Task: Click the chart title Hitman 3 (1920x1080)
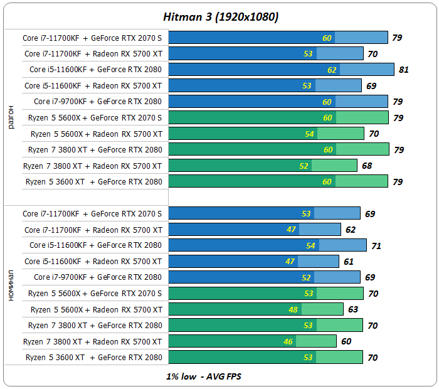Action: [219, 18]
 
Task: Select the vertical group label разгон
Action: [11, 117]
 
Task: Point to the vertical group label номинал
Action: [11, 285]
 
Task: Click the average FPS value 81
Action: [403, 70]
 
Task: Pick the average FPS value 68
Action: [366, 166]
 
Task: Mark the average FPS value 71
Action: [376, 246]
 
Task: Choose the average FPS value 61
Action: [348, 262]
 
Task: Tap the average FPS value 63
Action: [352, 310]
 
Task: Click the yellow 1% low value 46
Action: [288, 342]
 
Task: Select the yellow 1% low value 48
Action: [293, 310]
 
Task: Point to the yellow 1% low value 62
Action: [332, 70]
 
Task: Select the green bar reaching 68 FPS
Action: [263, 166]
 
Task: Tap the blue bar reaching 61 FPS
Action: [254, 262]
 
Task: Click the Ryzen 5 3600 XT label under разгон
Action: [93, 182]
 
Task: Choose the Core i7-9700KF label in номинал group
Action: [97, 277]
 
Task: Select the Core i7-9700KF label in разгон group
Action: [97, 102]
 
